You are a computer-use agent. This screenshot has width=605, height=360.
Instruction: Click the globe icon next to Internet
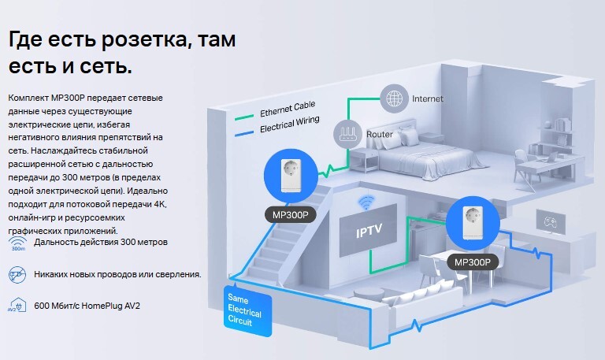coord(393,99)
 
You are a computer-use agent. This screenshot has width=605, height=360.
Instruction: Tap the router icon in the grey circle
coord(348,131)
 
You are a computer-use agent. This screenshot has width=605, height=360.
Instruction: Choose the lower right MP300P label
coord(472,262)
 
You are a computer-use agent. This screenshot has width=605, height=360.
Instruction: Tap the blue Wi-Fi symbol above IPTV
coord(365,202)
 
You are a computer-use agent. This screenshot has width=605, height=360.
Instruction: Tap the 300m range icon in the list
coord(17,243)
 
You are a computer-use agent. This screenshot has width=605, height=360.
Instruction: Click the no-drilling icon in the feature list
coord(17,274)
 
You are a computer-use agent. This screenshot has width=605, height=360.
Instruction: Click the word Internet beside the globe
coord(428,99)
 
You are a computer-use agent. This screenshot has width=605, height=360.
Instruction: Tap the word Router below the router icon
coord(379,135)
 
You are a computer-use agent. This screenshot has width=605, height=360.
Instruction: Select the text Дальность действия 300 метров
coord(101,243)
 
